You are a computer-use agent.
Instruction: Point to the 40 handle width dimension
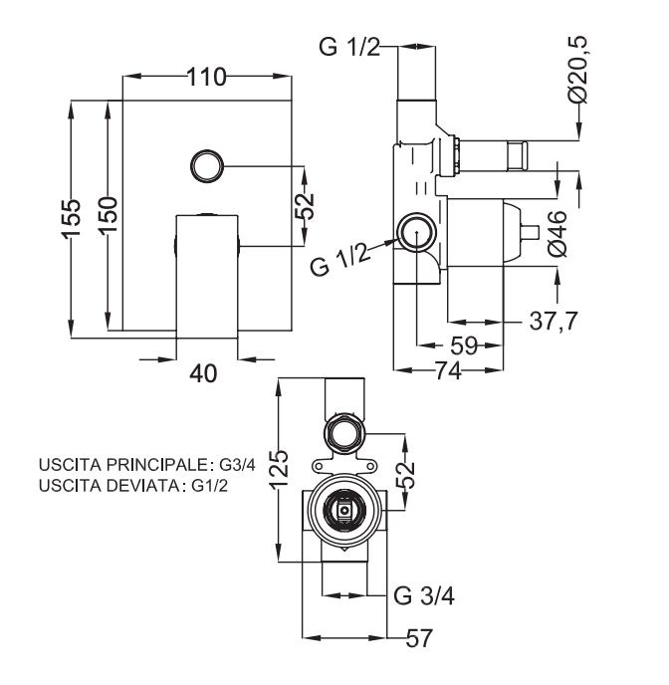204,372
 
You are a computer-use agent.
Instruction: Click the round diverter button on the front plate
207,165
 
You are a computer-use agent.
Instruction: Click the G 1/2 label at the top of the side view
349,47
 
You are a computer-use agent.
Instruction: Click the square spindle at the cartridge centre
344,511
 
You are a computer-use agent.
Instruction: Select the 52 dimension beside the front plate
304,205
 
